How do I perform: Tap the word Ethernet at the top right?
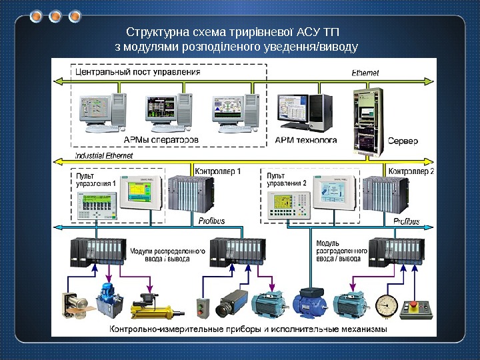pos(365,72)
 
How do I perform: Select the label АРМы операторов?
pos(161,141)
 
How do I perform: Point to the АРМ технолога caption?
pos(306,141)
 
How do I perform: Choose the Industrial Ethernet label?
pos(104,155)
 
